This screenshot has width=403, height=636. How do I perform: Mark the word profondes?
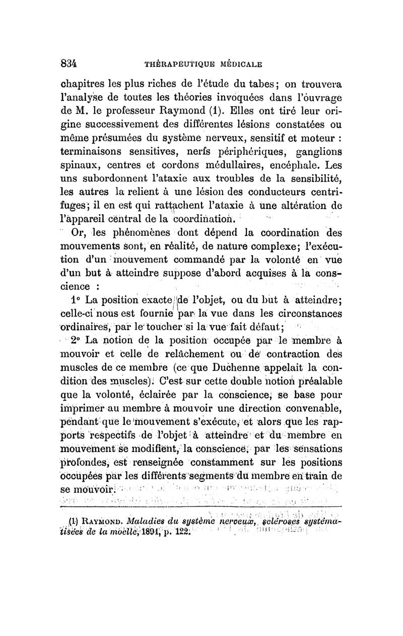85,462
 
